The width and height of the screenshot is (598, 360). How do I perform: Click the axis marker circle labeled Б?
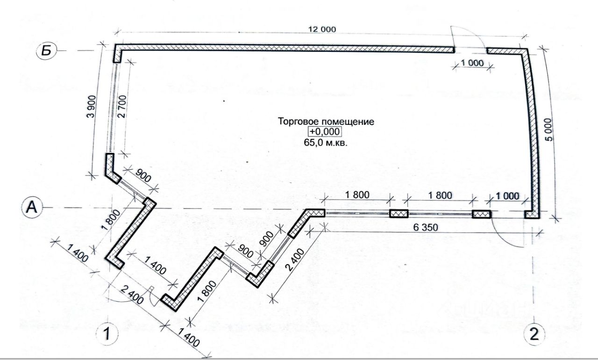(x=46, y=50)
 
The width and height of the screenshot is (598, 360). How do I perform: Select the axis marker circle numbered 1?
(x=107, y=334)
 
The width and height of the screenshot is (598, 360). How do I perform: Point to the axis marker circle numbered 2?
(x=534, y=334)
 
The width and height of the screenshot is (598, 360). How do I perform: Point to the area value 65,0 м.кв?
(x=326, y=143)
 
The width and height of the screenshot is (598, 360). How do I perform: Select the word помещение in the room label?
(x=349, y=122)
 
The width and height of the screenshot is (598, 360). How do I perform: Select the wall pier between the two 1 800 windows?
(x=399, y=214)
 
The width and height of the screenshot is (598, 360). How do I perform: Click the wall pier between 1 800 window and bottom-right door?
(x=481, y=214)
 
